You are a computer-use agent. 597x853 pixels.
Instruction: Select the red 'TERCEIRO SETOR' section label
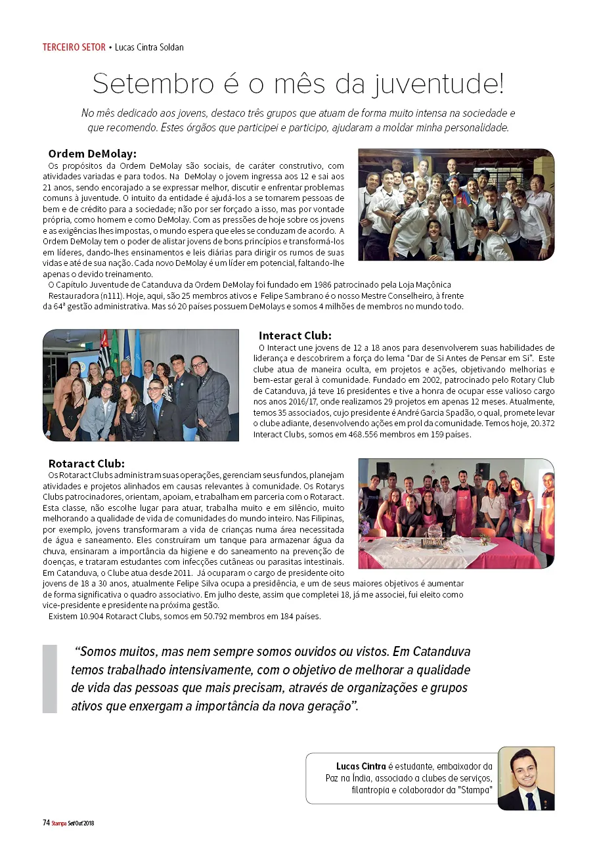tap(74, 47)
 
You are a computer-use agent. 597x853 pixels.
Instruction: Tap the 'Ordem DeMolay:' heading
tap(92, 154)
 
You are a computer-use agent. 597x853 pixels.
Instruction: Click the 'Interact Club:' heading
tap(295, 335)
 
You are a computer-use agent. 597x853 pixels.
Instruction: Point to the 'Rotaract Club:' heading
tap(87, 464)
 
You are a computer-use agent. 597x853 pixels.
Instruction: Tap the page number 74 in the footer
tap(46, 822)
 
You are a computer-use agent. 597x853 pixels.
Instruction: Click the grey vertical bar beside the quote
tap(50, 678)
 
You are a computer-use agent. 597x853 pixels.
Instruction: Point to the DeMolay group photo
tap(456, 204)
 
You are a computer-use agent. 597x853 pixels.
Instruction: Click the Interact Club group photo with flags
tap(141, 385)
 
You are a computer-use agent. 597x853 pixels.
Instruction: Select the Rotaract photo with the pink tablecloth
tap(456, 513)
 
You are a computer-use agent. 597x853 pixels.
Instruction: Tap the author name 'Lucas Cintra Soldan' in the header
tap(149, 47)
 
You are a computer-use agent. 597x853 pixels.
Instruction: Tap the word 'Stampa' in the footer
tap(58, 823)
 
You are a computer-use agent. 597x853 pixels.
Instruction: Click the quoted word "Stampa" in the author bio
tap(475, 790)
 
